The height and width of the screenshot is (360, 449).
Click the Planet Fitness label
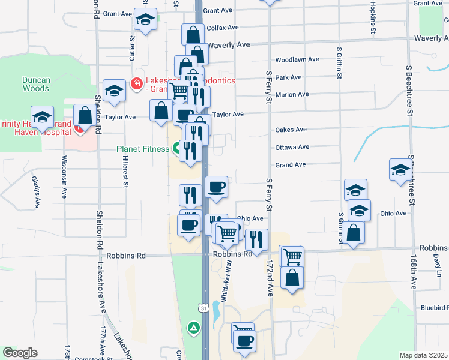143,149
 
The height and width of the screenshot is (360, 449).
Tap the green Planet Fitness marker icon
178,147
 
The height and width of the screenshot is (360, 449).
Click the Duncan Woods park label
35,84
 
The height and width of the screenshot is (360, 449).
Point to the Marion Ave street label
292,95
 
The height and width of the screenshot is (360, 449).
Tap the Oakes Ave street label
291,130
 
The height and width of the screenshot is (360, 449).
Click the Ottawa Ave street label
292,147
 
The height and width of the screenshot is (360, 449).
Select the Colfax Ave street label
223,28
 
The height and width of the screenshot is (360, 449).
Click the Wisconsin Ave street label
64,178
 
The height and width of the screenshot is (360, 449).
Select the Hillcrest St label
125,172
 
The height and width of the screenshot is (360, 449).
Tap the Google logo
19,353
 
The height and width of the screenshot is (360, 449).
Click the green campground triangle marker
193,328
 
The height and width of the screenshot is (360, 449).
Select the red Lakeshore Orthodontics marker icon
137,83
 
